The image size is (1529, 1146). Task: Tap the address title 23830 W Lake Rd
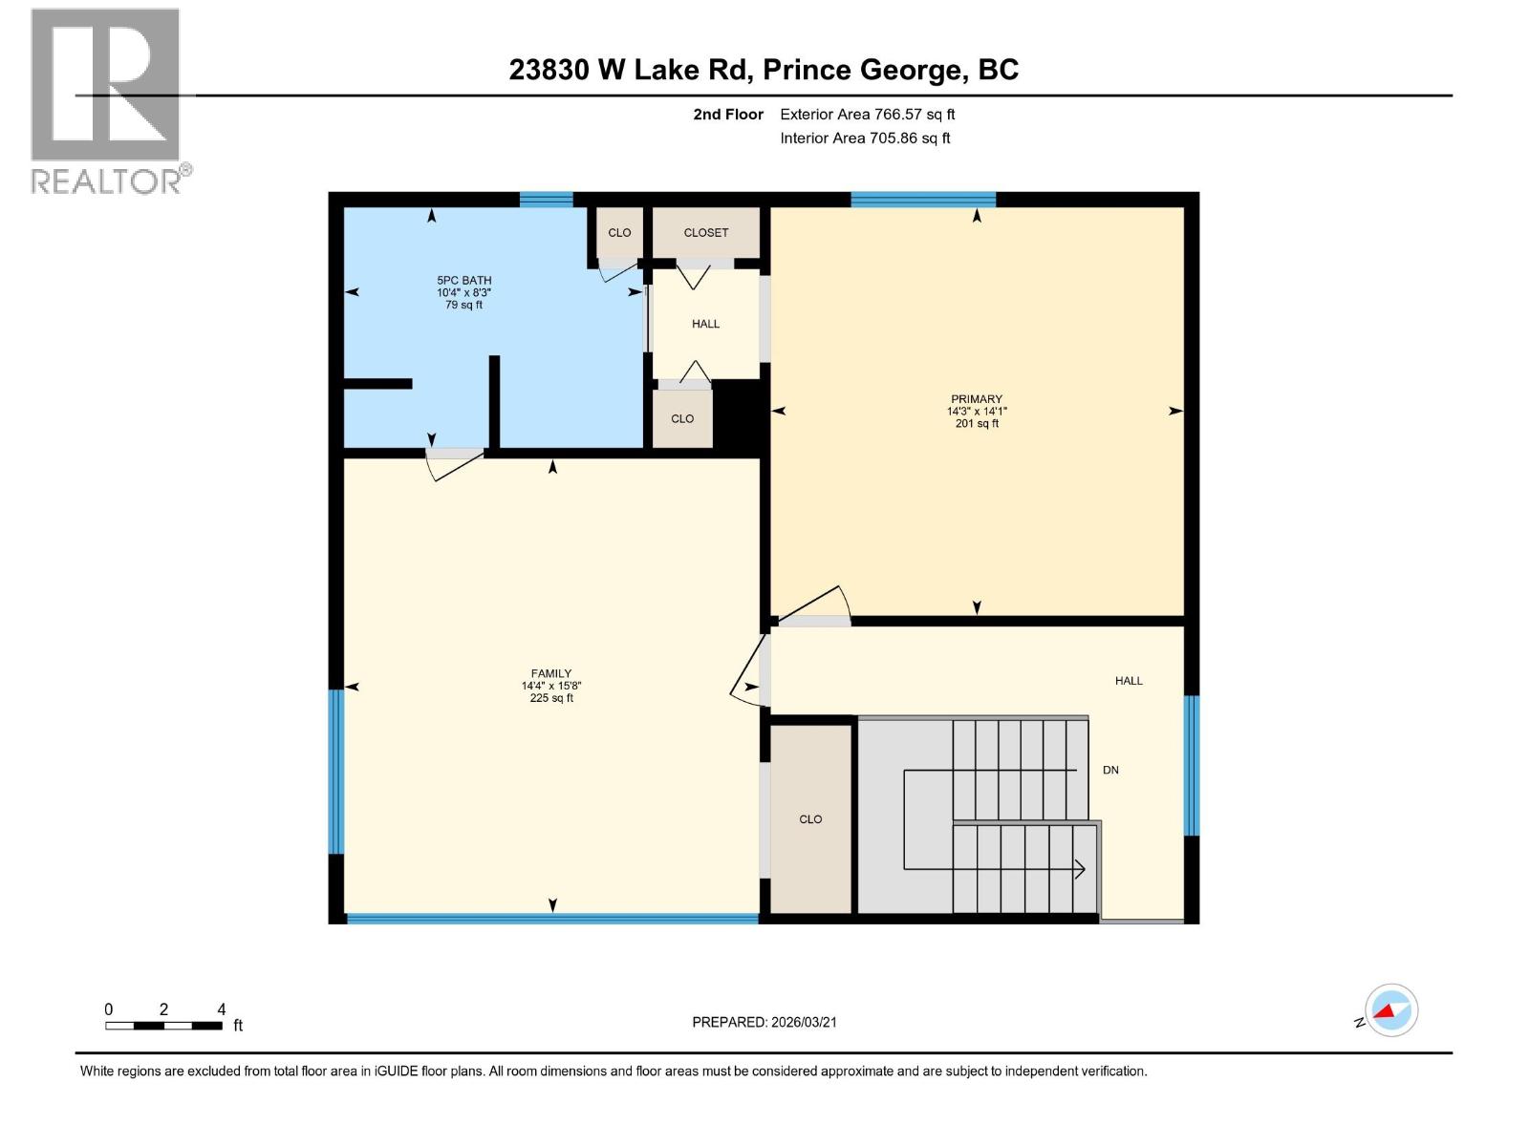[764, 70]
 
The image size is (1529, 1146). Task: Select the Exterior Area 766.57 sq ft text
[867, 115]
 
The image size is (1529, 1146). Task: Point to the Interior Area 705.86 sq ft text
[865, 138]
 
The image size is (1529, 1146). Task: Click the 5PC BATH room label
[464, 281]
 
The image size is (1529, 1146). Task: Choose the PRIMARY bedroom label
[977, 399]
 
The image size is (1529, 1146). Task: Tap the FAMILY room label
[551, 673]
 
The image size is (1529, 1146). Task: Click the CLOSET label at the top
[706, 233]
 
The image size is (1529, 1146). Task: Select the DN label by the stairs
[1110, 770]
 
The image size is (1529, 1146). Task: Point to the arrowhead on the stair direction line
[1081, 869]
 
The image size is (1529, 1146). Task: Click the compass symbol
[1391, 1010]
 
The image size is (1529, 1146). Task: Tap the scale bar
[164, 1026]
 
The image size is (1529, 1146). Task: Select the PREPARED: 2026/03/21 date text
[764, 1022]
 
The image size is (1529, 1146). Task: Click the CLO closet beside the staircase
[810, 819]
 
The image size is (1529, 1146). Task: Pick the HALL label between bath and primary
[706, 324]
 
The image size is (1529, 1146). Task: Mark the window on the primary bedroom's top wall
[923, 200]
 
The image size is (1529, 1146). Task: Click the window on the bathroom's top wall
[547, 200]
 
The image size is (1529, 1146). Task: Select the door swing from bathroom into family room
[455, 464]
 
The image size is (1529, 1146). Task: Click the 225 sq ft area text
[551, 698]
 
